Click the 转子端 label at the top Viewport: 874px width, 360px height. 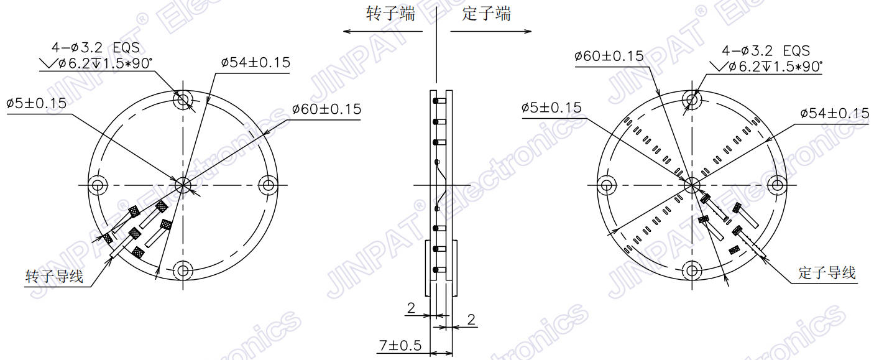tap(390, 14)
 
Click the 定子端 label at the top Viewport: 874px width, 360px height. tap(486, 14)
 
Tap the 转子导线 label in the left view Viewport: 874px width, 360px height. tap(54, 276)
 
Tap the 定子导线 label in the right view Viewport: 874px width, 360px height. tap(827, 273)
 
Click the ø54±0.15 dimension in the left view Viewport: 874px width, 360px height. tap(255, 63)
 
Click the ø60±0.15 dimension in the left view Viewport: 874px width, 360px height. tap(326, 109)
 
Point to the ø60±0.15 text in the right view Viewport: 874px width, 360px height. tap(609, 56)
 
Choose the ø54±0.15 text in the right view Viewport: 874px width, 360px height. tap(834, 114)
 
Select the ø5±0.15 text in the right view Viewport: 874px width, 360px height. tap(551, 108)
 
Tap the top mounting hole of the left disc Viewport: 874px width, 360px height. tap(183, 99)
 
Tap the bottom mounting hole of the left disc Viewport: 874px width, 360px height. tap(183, 270)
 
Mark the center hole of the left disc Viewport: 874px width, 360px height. tap(183, 185)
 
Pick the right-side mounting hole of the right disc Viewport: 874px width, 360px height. tap(777, 185)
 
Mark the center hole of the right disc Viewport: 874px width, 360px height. tap(692, 185)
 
